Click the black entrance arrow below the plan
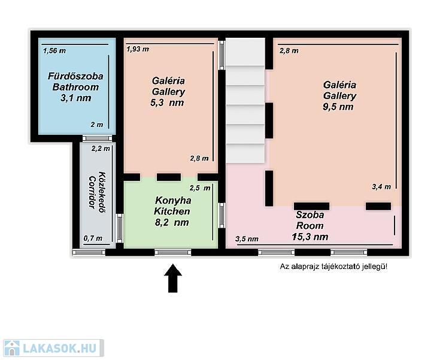tap(173, 279)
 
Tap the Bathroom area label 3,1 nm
tap(76, 98)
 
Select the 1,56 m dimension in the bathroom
tap(54, 51)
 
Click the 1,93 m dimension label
tap(138, 49)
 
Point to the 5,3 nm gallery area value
tap(167, 103)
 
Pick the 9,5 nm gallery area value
tap(338, 107)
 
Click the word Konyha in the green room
tap(173, 201)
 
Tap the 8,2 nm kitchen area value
tap(172, 222)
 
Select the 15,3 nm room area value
tap(310, 237)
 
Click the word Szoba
tap(310, 215)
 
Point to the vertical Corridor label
tap(93, 192)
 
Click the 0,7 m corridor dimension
tap(93, 238)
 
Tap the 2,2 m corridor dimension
tap(101, 149)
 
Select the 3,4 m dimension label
tap(381, 187)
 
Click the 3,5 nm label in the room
tap(247, 239)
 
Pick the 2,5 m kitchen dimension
tap(200, 188)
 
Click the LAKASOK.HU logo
tap(53, 348)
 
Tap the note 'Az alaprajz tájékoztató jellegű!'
tap(333, 267)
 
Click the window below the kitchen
tap(173, 252)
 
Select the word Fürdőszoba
tap(75, 77)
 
